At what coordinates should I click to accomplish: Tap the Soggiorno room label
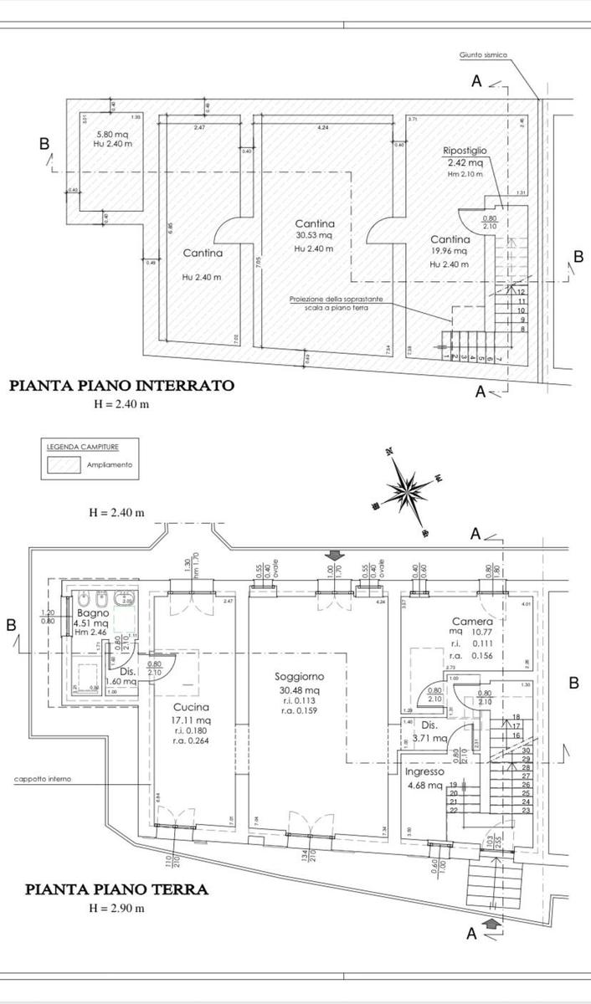(299, 676)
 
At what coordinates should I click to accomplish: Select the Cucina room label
(193, 706)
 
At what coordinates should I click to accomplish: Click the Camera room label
(466, 622)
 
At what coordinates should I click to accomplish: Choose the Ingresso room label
(426, 772)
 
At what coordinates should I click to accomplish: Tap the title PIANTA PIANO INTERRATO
(121, 386)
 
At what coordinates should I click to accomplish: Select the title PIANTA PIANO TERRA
(116, 889)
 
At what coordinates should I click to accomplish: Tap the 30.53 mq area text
(314, 236)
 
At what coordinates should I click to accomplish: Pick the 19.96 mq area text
(450, 251)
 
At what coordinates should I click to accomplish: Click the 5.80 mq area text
(112, 134)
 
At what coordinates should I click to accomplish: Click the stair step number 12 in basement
(521, 292)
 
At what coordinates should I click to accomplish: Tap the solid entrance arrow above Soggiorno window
(335, 555)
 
